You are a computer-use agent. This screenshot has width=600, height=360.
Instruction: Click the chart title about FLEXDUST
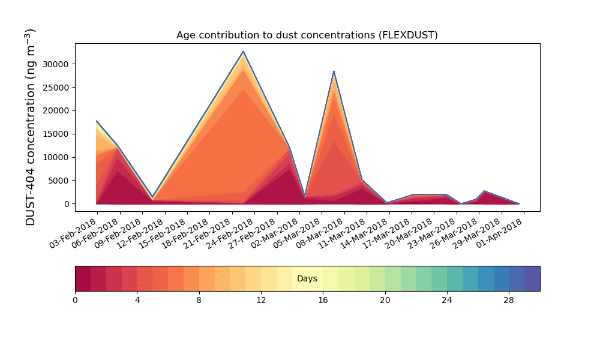click(307, 35)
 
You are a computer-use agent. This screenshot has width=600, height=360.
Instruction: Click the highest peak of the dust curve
click(244, 51)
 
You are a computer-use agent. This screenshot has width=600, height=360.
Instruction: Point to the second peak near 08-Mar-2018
click(334, 71)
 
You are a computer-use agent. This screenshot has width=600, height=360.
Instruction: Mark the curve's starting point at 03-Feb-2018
click(97, 121)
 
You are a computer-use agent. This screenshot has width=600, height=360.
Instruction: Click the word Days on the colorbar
click(307, 279)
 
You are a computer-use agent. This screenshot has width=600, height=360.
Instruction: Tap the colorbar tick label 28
click(509, 300)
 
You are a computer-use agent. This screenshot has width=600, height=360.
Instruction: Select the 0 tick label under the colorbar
click(75, 300)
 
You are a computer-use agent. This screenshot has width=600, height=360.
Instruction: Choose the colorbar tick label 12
click(261, 300)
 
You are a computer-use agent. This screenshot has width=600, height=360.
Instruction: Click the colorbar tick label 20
click(385, 300)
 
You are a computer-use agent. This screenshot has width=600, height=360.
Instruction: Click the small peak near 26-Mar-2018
click(485, 191)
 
